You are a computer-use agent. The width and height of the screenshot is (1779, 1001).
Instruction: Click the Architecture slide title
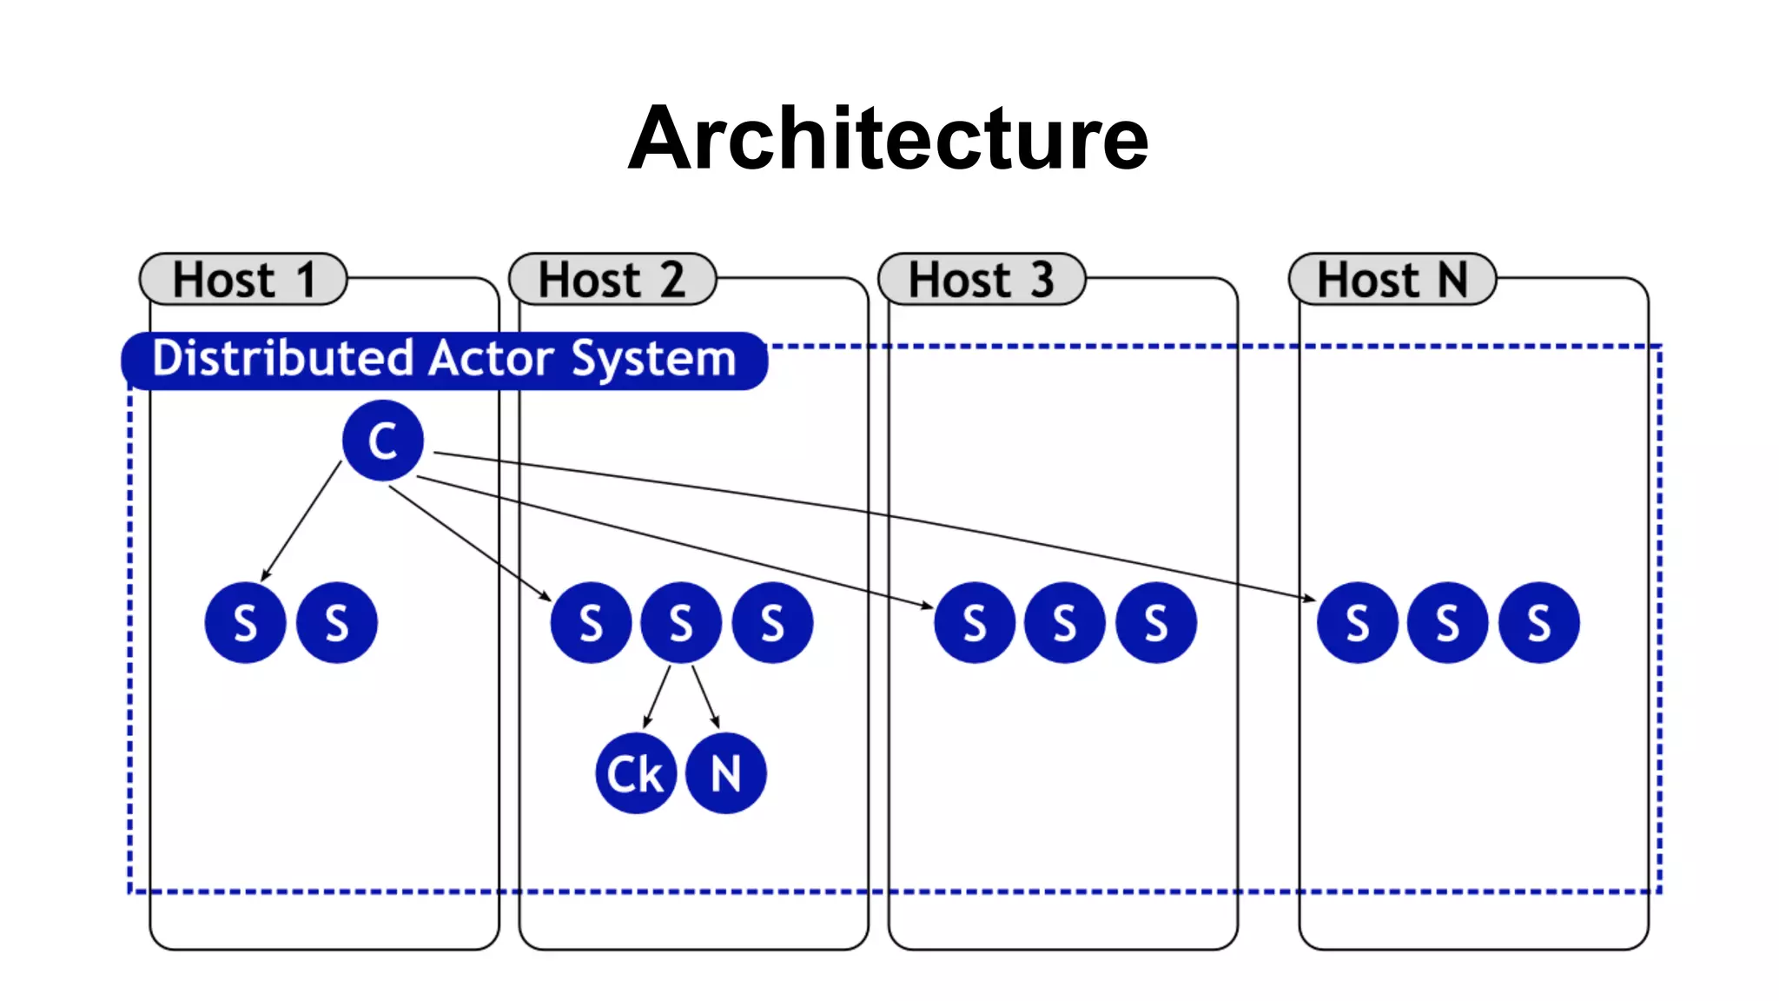click(888, 139)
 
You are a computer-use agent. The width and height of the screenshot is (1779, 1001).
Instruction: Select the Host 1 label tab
click(243, 280)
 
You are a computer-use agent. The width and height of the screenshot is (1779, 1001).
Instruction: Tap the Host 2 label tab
click(612, 280)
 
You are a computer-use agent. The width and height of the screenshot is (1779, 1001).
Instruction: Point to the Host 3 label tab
click(982, 280)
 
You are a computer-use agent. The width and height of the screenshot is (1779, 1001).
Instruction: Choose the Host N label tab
click(1392, 280)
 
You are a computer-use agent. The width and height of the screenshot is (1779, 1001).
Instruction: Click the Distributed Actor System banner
click(444, 360)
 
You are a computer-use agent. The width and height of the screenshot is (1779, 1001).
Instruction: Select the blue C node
click(383, 441)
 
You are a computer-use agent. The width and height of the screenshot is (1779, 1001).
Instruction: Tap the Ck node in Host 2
click(636, 773)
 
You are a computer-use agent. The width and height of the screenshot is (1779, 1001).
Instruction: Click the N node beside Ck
click(726, 773)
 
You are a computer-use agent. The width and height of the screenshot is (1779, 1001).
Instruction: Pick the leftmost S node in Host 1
click(246, 623)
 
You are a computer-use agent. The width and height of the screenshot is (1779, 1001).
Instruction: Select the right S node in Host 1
click(337, 623)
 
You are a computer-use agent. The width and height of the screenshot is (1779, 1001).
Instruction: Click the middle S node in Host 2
click(681, 623)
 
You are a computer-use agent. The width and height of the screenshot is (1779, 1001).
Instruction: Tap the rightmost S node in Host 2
click(772, 623)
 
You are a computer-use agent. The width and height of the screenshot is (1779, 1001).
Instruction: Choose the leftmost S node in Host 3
click(975, 623)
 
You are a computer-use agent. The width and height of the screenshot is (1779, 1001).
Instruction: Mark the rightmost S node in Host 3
click(1156, 623)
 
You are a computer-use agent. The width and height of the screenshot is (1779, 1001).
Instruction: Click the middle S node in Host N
click(1448, 623)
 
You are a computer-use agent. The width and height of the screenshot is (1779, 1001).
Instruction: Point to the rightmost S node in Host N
click(1539, 623)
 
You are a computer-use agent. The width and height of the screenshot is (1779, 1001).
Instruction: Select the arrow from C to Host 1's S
click(301, 521)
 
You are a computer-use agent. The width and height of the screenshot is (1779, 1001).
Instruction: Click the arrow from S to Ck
click(658, 696)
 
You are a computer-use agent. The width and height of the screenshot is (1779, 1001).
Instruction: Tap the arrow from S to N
click(705, 696)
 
